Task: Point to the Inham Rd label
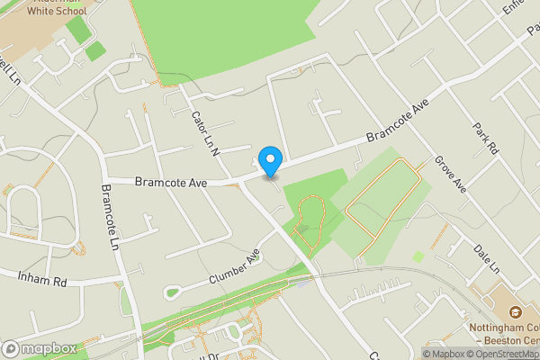[42, 280]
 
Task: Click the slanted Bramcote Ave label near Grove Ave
[393, 125]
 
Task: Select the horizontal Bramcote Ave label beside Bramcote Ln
[170, 182]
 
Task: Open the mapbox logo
[40, 348]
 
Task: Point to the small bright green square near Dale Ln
[418, 256]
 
